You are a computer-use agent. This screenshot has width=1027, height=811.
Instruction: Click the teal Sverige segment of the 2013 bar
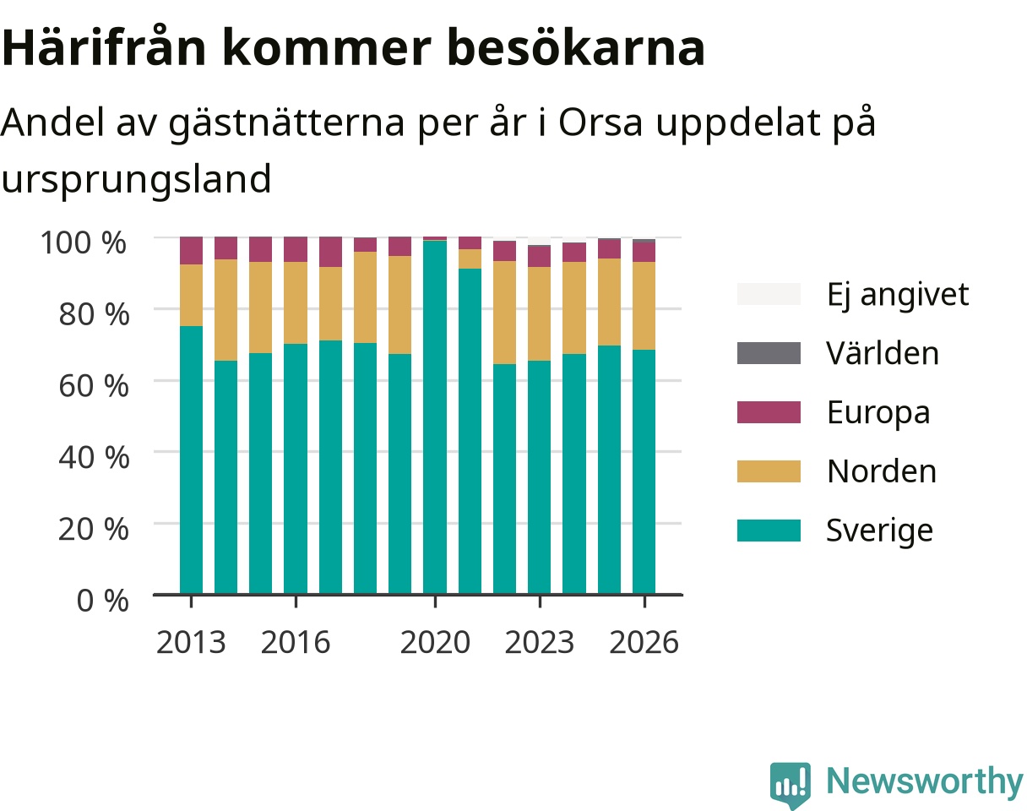(191, 460)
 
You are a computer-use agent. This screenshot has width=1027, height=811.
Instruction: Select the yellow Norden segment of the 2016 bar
(296, 302)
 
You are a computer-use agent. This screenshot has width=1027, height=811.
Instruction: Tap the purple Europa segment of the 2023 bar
(540, 256)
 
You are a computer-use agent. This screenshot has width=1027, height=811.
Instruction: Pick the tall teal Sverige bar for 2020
(435, 417)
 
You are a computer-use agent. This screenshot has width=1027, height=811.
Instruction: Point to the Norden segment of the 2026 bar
(644, 306)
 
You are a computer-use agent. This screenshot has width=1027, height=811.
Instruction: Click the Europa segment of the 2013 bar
(191, 251)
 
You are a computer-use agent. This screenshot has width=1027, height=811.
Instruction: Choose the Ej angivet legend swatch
(769, 294)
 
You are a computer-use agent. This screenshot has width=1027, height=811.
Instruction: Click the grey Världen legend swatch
(769, 353)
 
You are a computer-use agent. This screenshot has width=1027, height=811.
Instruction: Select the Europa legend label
(878, 413)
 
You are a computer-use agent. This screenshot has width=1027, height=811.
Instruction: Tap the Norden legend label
(882, 471)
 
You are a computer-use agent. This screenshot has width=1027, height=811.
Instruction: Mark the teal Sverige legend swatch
(769, 531)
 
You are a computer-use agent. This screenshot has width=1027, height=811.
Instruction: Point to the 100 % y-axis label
(84, 242)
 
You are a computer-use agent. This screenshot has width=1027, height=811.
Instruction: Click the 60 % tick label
(94, 386)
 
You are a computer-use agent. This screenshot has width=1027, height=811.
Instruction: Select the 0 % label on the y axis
(102, 601)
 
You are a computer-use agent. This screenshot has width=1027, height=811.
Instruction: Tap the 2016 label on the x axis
(296, 642)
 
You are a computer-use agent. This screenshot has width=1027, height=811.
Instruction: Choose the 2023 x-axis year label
(540, 642)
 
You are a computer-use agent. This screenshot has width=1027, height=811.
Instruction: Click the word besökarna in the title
(575, 48)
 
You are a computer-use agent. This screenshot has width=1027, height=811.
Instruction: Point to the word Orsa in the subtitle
(600, 122)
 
